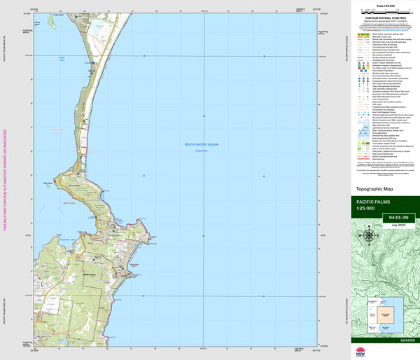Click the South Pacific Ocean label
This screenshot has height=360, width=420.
click(x=202, y=144)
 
